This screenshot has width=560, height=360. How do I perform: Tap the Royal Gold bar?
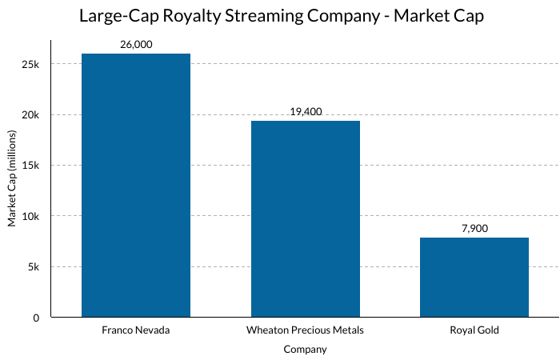point(474,277)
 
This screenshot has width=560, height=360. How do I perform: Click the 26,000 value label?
point(136,46)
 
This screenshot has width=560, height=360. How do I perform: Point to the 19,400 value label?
point(306,112)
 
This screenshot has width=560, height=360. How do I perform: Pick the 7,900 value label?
point(474,229)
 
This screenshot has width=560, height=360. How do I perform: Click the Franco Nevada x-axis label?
point(136,330)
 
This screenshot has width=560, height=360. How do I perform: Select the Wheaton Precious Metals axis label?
point(306,330)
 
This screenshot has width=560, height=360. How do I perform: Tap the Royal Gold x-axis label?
point(474,330)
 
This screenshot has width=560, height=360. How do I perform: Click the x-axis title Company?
point(306,350)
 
